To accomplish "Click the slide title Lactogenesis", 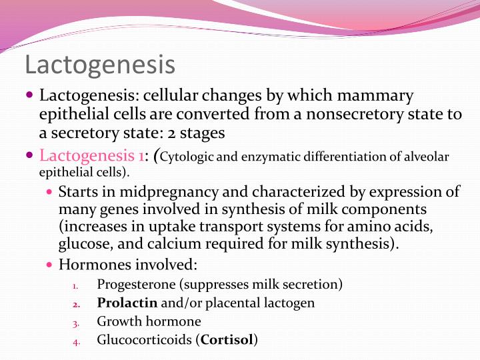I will tap(100, 65).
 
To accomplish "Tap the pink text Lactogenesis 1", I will tap(92, 156).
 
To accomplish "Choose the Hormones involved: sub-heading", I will tap(128, 265).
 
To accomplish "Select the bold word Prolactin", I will tap(127, 303).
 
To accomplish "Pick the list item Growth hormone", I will tap(149, 321).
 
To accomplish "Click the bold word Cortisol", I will tap(227, 339).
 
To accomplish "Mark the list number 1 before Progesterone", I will tap(75, 285).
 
